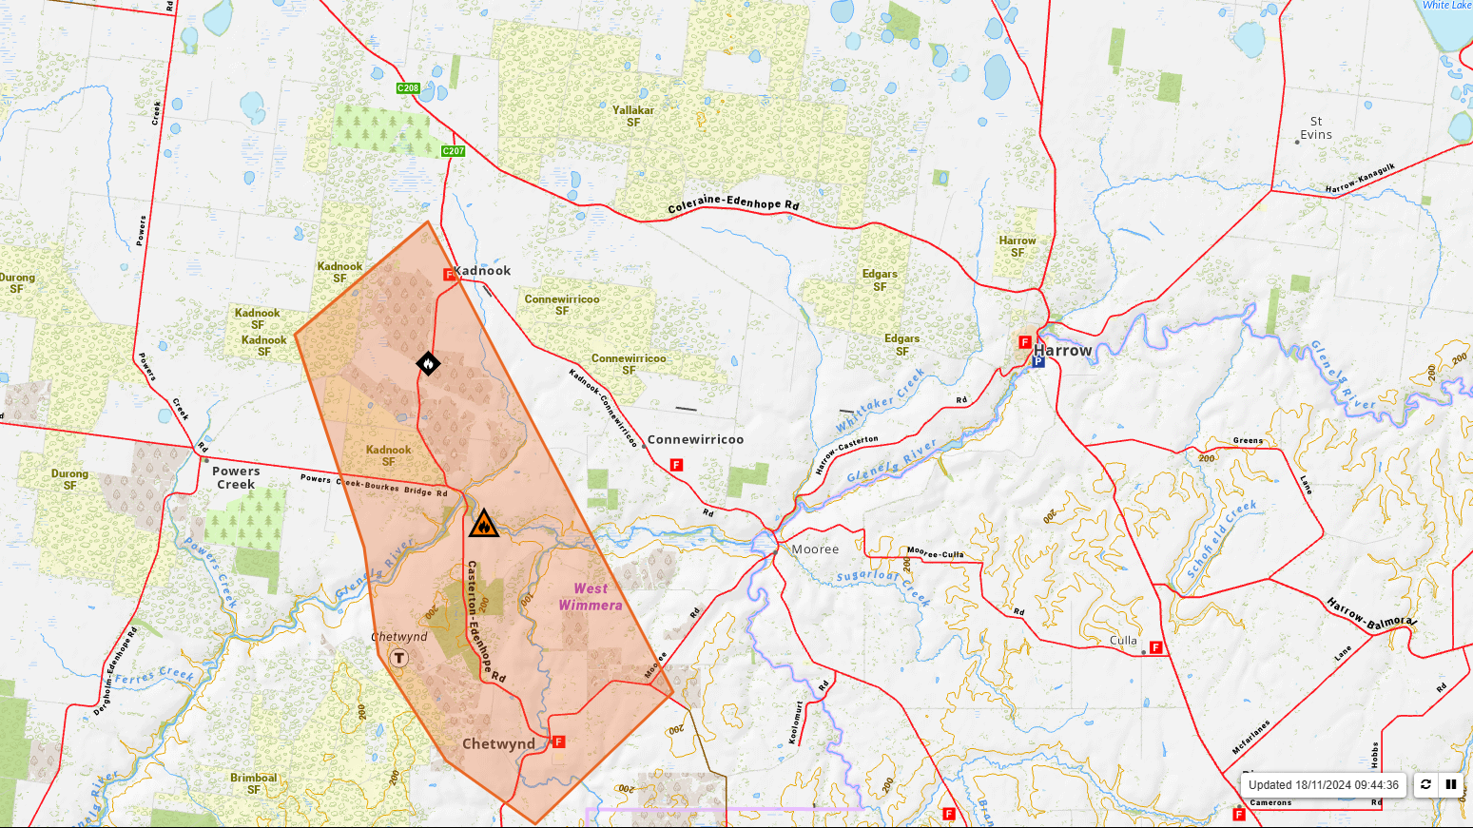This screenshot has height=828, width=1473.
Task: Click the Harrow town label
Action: coord(1062,351)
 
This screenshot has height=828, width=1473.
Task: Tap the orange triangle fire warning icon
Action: coord(484,524)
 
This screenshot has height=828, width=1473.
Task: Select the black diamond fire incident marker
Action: coord(428,363)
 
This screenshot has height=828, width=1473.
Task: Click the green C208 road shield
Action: coord(408,87)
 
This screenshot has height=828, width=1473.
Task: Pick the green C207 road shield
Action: coord(454,151)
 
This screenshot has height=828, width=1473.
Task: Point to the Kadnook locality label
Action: coord(483,271)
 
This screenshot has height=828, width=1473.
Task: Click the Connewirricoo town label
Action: coord(695,440)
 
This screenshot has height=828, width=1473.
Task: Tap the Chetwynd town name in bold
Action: coord(498,744)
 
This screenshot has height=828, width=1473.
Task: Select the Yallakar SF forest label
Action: coord(633,116)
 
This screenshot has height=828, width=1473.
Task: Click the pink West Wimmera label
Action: coord(591,597)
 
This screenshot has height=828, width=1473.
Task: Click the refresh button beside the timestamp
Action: coord(1425,784)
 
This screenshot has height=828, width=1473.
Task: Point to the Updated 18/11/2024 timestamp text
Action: coord(1323,785)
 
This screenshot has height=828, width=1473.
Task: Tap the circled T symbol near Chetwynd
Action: coord(399,658)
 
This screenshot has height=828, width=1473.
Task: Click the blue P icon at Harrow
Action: coord(1038,362)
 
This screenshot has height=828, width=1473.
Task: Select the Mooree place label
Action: coord(815,549)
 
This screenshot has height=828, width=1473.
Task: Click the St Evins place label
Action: coord(1316,128)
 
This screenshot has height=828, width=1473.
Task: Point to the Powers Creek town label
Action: coord(236,477)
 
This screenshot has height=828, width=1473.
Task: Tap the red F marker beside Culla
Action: coord(1156,647)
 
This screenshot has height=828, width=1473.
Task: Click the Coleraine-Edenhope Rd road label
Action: coord(733,203)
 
